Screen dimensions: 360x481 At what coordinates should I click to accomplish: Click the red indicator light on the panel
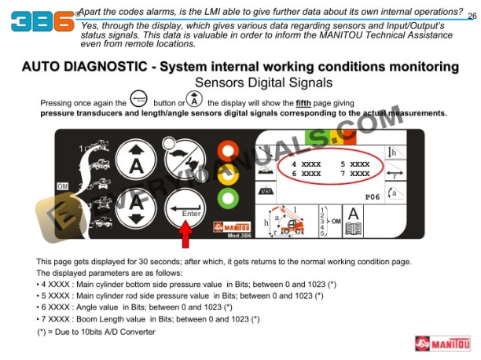pos(229,150)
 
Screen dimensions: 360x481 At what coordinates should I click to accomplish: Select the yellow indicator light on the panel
pos(229,173)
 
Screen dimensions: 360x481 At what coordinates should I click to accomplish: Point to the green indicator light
pos(229,195)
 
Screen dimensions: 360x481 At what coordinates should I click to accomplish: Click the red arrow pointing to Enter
pos(185,234)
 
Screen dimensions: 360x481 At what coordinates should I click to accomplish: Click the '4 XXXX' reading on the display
pos(306,163)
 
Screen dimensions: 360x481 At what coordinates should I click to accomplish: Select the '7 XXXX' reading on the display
pos(354,174)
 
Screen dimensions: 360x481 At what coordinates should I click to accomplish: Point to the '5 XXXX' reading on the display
pos(354,163)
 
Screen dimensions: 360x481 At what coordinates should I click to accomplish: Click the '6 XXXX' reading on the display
pos(306,174)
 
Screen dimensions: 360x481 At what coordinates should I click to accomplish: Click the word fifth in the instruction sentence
pos(304,103)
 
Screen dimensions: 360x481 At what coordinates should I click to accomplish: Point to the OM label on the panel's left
pos(63,186)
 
